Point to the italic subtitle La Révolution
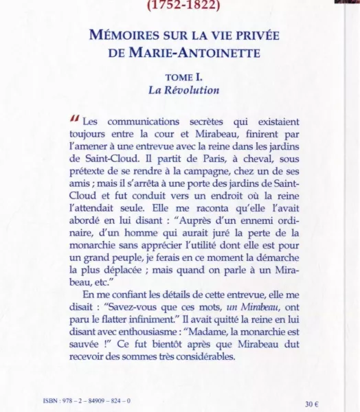pyautogui.click(x=183, y=90)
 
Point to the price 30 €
pyautogui.click(x=312, y=403)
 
